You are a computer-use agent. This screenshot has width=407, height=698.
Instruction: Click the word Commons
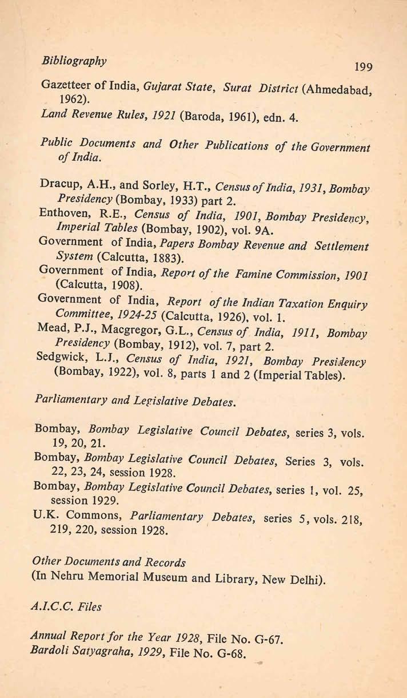tap(98, 514)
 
